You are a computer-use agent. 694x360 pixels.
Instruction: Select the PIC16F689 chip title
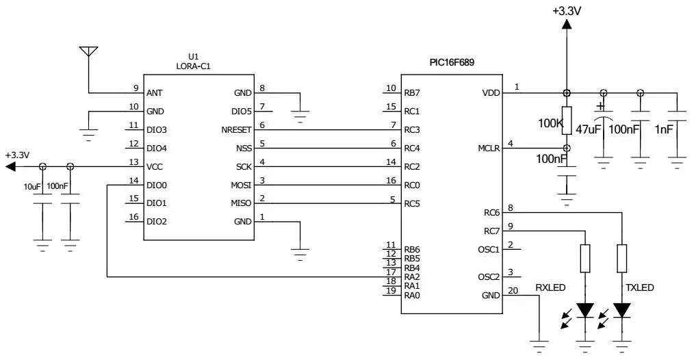coord(452,62)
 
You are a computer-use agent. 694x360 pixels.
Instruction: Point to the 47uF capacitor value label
coord(588,129)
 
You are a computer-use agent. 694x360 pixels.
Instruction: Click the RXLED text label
coord(550,288)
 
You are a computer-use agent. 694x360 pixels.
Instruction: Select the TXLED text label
coord(639,288)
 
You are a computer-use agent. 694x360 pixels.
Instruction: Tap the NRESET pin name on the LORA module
coord(237,129)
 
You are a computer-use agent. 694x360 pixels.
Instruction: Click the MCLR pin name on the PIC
coord(489,148)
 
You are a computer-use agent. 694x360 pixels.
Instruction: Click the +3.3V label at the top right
coord(566,11)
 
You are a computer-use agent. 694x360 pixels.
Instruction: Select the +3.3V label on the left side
coord(17,155)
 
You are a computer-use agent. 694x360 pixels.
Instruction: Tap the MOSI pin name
coord(241,185)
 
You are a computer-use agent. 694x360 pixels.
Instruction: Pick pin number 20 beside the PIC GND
coord(513,290)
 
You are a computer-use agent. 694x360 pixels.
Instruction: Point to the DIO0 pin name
coord(157,185)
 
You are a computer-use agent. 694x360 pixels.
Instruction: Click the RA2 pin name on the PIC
coord(411,277)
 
